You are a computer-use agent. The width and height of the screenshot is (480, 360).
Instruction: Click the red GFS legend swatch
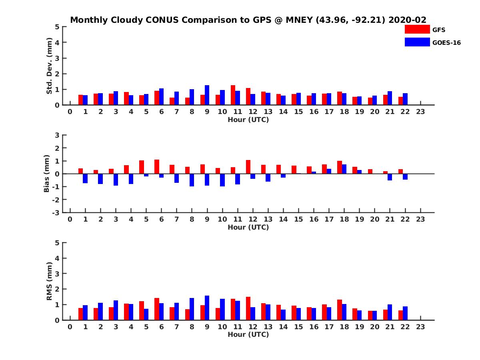pyautogui.click(x=417, y=29)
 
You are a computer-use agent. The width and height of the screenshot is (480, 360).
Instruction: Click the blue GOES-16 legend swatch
pyautogui.click(x=417, y=42)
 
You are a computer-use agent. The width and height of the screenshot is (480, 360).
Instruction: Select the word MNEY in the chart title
pyautogui.click(x=299, y=20)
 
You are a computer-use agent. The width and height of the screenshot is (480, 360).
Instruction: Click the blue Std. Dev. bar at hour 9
pyautogui.click(x=207, y=95)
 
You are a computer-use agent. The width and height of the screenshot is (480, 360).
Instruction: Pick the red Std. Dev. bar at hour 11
pyautogui.click(x=233, y=95)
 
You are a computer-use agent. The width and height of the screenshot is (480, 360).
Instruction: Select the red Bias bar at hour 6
pyautogui.click(x=157, y=167)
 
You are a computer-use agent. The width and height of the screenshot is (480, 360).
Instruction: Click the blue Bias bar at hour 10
pyautogui.click(x=222, y=180)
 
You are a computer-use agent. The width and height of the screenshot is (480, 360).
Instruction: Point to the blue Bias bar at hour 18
pyautogui.click(x=344, y=169)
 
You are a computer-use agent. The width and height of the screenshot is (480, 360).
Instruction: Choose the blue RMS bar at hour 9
pyautogui.click(x=207, y=308)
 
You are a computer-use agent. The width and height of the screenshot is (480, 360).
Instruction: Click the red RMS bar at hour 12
pyautogui.click(x=248, y=309)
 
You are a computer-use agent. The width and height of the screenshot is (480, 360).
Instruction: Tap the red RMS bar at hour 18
pyautogui.click(x=339, y=310)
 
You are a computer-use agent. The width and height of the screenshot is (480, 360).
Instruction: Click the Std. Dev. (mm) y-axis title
pyautogui.click(x=49, y=66)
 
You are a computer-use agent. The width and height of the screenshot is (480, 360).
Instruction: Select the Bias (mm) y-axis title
pyautogui.click(x=46, y=174)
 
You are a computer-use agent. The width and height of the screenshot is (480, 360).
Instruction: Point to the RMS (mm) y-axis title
pyautogui.click(x=49, y=281)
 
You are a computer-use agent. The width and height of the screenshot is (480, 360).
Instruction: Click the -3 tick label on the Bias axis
pyautogui.click(x=56, y=213)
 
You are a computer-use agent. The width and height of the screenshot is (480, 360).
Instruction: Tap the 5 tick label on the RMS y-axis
pyautogui.click(x=57, y=243)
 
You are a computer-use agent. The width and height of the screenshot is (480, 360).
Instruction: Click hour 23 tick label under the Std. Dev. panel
pyautogui.click(x=420, y=112)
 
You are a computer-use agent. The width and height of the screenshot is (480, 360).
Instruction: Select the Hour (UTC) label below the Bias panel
pyautogui.click(x=248, y=227)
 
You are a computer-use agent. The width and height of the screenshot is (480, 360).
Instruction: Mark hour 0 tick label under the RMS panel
pyautogui.click(x=70, y=327)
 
